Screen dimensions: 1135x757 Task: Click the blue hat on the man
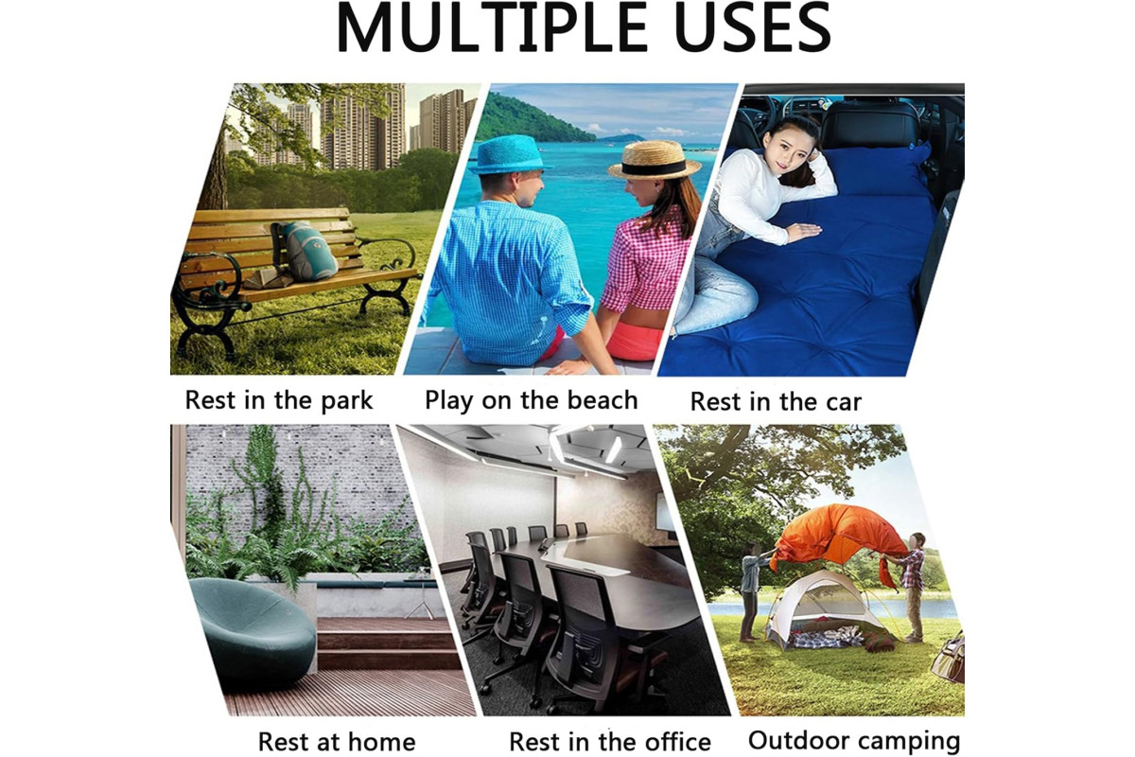[x=509, y=154]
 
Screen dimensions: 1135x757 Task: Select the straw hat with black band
[x=655, y=160]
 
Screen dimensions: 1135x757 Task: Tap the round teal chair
[x=253, y=631]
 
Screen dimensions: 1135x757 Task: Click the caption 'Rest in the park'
[x=279, y=400]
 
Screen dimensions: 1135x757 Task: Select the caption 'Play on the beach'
[x=531, y=400]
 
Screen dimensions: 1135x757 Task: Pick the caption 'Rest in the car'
[x=776, y=402]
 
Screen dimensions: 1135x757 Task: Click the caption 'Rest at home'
[x=337, y=742]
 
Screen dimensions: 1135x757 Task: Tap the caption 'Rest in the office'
[x=610, y=742]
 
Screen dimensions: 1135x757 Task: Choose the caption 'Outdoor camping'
[x=854, y=741]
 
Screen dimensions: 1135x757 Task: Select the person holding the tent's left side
[x=751, y=597]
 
